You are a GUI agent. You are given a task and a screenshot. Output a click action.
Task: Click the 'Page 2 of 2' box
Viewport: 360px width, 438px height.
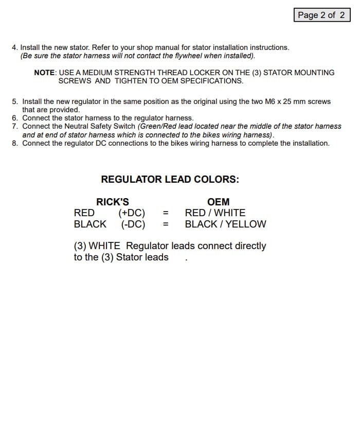[321, 15]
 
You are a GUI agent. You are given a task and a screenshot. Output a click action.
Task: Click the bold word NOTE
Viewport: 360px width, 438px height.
[44, 73]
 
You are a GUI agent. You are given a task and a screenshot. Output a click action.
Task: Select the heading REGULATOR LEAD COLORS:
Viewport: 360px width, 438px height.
[170, 180]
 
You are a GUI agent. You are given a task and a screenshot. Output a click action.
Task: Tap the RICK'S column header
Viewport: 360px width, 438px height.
[113, 202]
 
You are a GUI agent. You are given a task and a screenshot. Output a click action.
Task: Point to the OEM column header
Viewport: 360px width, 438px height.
[218, 202]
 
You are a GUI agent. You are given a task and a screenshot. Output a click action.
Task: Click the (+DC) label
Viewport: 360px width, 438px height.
[132, 213]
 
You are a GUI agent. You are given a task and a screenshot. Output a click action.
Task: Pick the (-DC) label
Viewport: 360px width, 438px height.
[133, 224]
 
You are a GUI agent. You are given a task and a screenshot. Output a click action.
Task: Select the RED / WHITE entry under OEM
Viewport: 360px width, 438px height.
[215, 213]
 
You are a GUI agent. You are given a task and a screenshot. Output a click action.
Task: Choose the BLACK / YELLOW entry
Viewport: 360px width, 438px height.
[225, 224]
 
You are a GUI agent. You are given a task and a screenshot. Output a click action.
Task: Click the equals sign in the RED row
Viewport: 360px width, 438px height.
[166, 213]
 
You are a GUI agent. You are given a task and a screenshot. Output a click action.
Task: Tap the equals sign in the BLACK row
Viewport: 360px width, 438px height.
[166, 224]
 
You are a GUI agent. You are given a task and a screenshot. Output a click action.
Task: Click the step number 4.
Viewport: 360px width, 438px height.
[14, 47]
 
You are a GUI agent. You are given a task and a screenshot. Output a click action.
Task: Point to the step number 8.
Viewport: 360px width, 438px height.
[14, 143]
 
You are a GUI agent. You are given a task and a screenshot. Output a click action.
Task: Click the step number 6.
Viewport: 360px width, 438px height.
[14, 118]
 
